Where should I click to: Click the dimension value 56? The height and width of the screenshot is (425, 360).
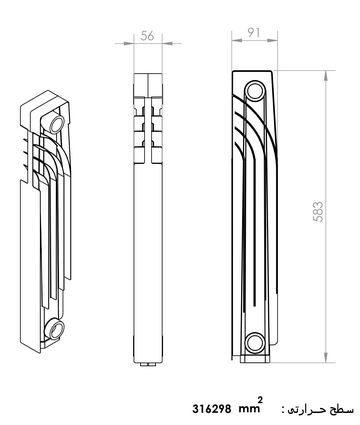tap(147, 36)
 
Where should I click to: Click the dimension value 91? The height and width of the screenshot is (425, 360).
tap(254, 32)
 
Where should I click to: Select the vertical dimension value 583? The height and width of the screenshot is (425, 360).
tap(318, 212)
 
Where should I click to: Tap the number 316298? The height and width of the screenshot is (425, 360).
tap(212, 409)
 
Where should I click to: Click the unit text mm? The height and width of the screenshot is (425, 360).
tap(248, 409)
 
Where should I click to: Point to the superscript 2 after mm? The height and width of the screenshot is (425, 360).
tap(260, 399)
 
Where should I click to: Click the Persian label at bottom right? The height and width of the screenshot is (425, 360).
tap(322, 409)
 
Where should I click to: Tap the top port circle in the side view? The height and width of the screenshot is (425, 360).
tap(255, 91)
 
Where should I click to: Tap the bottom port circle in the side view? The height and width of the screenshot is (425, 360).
tap(255, 342)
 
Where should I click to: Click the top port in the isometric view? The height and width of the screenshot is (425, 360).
tap(57, 123)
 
